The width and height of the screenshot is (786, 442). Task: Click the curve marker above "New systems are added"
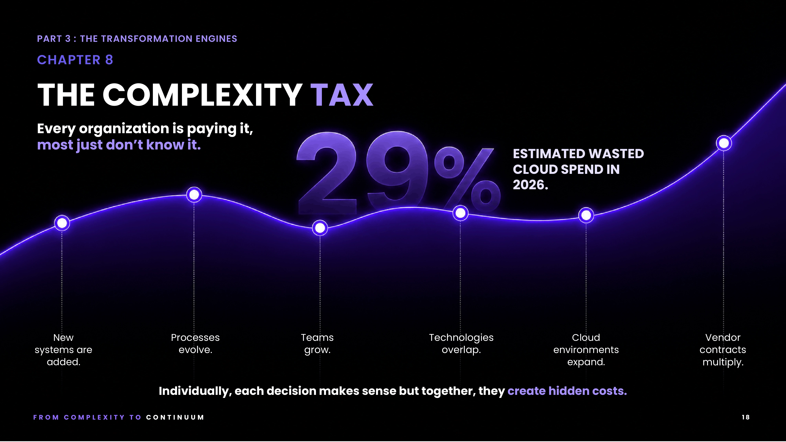pos(62,223)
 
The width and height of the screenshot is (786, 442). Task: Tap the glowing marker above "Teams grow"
pos(320,227)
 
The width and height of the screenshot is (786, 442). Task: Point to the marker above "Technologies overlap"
pos(460,213)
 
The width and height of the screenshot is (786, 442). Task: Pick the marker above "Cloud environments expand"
pos(586,215)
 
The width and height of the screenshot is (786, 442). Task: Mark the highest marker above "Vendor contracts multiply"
pos(724,143)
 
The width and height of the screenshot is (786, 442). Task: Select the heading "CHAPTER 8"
pos(75,60)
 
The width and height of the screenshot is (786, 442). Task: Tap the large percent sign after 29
pos(467,180)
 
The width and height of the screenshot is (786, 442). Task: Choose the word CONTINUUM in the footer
pos(175,417)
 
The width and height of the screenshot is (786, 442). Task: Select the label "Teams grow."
pos(317,343)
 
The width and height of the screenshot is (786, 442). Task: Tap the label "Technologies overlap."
pos(461,343)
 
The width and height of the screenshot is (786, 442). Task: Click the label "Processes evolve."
pos(195,343)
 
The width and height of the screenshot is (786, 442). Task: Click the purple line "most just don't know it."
pos(119,145)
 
